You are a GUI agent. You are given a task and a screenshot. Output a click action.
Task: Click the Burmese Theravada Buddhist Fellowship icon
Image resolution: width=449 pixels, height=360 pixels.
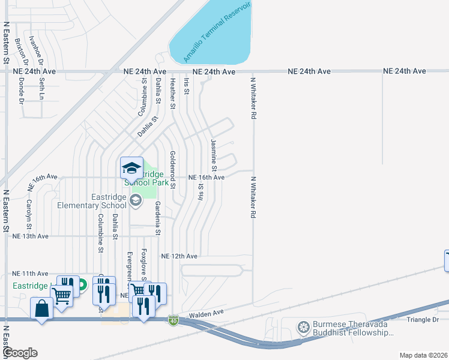[304, 328]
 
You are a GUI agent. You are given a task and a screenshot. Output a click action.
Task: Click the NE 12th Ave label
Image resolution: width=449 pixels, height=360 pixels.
[179, 256]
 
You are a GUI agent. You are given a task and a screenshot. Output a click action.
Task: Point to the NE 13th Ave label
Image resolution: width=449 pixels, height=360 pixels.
[30, 236]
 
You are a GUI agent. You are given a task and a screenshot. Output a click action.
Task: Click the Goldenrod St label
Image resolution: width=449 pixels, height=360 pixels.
[172, 170]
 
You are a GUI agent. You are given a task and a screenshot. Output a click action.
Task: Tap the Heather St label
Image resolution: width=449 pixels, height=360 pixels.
[172, 94]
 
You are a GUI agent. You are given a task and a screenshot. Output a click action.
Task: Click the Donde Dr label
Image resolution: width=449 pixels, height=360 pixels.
[20, 89]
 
